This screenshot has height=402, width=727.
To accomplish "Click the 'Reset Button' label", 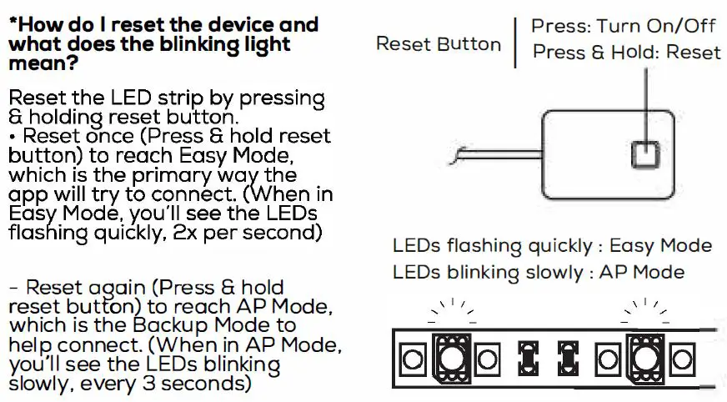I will [439, 44].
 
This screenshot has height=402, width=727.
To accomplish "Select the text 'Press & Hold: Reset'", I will [626, 53].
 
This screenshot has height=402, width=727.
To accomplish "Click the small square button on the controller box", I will [645, 154].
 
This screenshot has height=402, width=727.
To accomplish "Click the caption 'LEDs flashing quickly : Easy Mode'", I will [552, 246].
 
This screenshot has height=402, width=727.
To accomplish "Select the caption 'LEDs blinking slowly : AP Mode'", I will [538, 272].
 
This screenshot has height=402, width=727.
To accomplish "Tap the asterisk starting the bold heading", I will [12, 23].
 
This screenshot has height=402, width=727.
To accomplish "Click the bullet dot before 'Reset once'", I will [12, 136].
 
